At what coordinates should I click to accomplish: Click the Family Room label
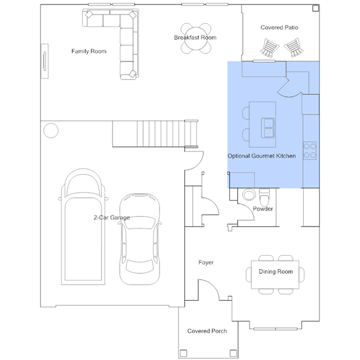coord(89,51)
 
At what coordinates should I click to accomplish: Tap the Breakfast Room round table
coord(196,38)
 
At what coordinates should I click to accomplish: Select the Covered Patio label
coord(279,28)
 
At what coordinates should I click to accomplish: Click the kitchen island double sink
coord(268,128)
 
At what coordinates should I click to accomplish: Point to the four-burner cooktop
coord(310,150)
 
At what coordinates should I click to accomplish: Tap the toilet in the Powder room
coord(264,197)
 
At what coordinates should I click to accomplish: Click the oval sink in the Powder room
coord(249,195)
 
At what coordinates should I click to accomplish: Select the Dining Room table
coord(275,274)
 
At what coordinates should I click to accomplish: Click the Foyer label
coord(206,263)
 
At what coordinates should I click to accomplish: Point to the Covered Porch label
coord(207,331)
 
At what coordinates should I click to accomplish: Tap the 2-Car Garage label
coord(112,217)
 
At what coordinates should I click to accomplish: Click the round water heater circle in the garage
coord(51,131)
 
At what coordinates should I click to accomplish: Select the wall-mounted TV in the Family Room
coord(45,61)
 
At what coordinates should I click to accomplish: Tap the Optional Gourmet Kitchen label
coord(261,156)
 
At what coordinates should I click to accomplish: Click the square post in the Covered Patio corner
coord(315,8)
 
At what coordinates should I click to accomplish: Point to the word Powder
coord(263,209)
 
